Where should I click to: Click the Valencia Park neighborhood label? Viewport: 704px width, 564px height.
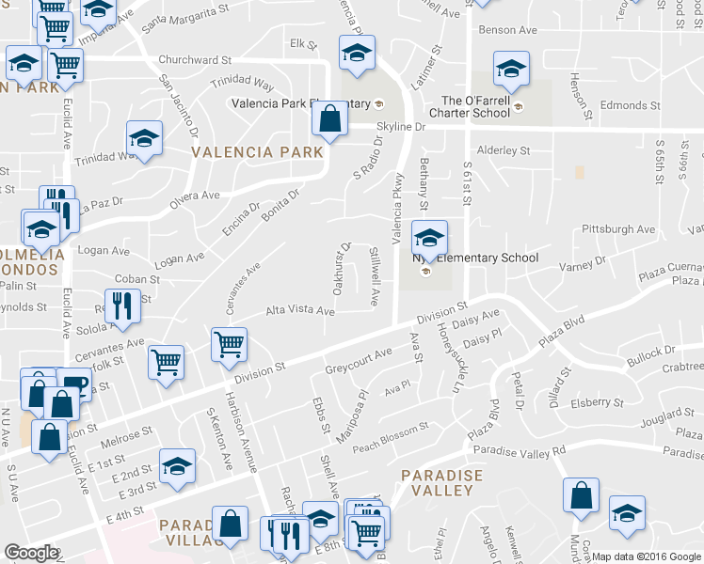257,151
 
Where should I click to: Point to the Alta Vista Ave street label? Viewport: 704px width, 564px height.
300,310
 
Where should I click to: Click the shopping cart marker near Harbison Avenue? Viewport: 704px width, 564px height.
229,344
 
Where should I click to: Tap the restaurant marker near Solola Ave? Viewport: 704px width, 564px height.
122,305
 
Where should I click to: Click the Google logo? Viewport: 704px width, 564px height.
31,552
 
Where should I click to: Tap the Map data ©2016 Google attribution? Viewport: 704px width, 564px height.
647,556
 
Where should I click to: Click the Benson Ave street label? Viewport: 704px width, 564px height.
507,30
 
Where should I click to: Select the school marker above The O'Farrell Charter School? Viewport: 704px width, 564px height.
511,68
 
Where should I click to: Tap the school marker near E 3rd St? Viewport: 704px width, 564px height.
176,467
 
